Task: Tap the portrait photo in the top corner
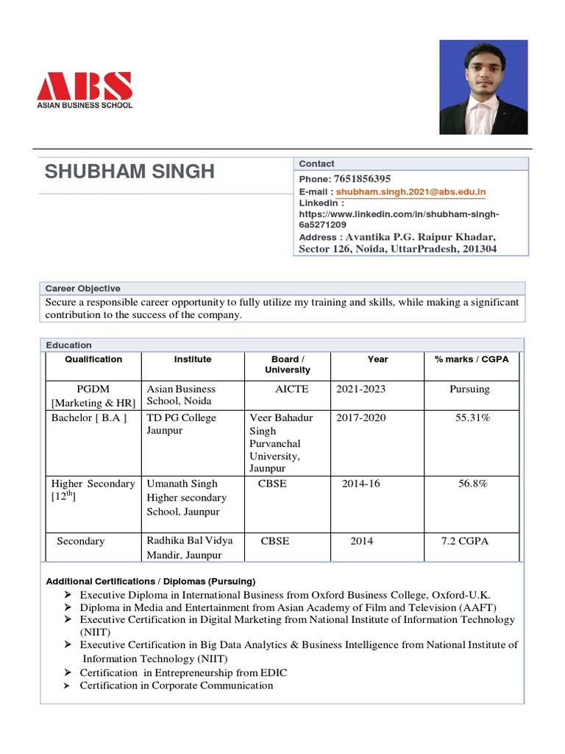click(483, 87)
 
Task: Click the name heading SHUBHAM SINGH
click(129, 172)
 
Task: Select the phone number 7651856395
click(362, 179)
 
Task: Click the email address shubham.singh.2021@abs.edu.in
click(411, 192)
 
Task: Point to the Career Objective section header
click(83, 289)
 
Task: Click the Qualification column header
click(93, 359)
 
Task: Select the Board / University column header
click(288, 364)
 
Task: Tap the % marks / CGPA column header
click(472, 359)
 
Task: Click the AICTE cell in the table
click(292, 389)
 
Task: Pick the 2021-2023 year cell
click(360, 389)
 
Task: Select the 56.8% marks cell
click(472, 484)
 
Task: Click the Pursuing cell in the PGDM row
click(469, 389)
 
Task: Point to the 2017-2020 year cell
click(360, 417)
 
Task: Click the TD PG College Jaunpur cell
click(182, 424)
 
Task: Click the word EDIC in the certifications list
click(273, 672)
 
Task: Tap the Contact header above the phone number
click(316, 163)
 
